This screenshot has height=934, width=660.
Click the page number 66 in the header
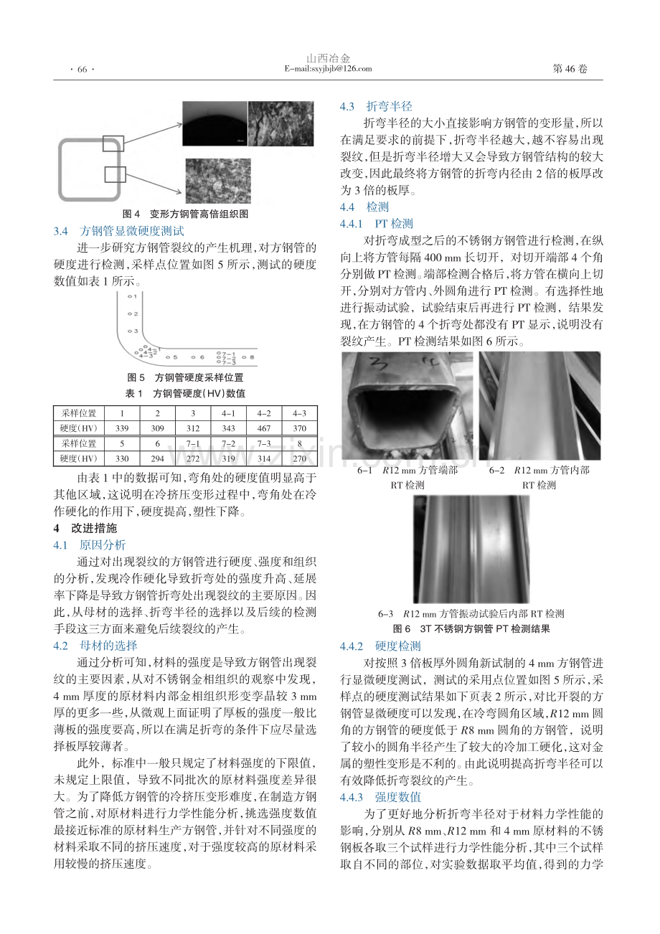(82, 69)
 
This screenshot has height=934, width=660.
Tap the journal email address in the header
(328, 69)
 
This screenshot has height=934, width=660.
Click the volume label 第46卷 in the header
(570, 69)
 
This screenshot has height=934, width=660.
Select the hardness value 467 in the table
(264, 428)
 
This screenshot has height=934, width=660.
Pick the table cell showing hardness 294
(157, 458)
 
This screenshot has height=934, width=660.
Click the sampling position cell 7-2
(228, 443)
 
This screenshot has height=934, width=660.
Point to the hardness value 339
(122, 428)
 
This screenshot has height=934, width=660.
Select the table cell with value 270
(299, 458)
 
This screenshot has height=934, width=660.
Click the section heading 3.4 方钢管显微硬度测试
(119, 231)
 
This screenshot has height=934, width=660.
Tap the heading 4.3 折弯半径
(376, 106)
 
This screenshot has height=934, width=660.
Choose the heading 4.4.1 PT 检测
(377, 224)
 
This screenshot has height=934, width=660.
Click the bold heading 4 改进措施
(85, 528)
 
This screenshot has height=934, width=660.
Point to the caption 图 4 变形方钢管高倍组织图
(186, 214)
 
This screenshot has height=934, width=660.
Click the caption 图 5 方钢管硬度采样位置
(185, 378)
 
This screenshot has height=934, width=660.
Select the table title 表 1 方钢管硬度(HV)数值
(185, 394)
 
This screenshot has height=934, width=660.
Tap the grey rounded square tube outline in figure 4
(60, 170)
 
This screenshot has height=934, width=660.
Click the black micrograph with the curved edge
(214, 124)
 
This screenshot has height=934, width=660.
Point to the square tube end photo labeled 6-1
(407, 406)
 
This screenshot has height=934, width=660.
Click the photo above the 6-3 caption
(471, 549)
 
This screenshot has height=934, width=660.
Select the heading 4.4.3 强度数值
(380, 797)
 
